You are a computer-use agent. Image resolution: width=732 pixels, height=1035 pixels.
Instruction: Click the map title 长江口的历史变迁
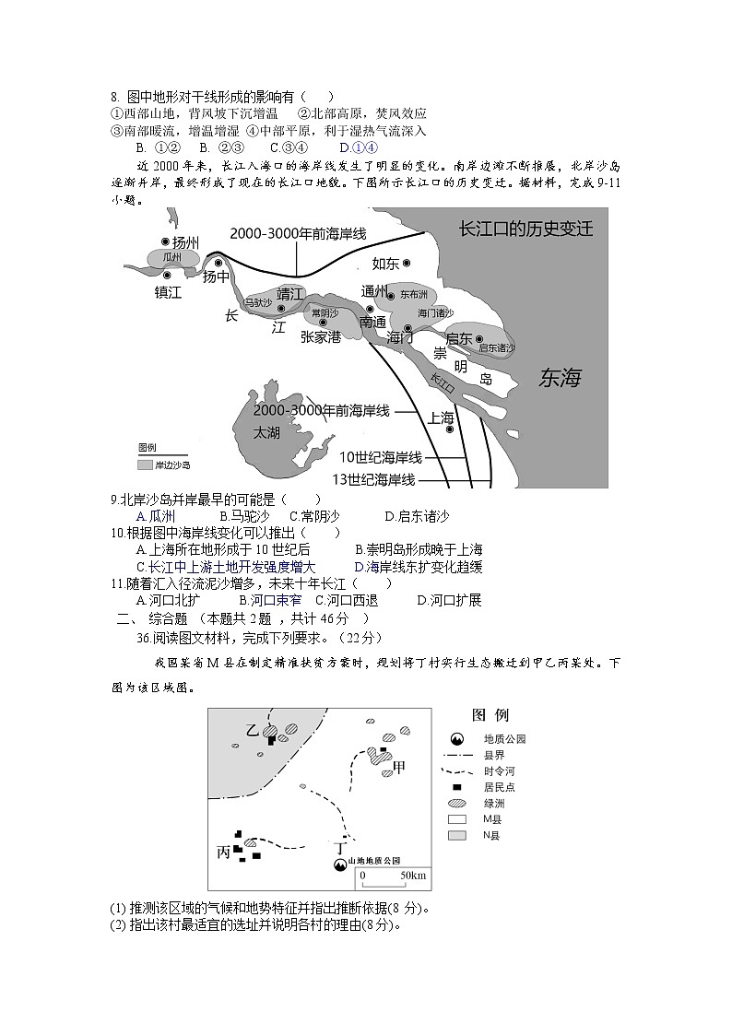[x=525, y=229]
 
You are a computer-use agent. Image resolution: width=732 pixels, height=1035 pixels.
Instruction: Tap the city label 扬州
[x=185, y=242]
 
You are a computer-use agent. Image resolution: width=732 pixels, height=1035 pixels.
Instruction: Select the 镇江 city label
[x=169, y=292]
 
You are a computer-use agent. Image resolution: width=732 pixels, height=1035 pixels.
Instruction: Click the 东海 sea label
[x=561, y=378]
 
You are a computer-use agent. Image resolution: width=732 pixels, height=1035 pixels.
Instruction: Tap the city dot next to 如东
[x=407, y=263]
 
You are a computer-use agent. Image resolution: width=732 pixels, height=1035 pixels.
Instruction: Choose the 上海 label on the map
[x=441, y=417]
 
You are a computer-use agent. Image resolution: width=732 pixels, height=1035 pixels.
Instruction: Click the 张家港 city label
[x=321, y=337]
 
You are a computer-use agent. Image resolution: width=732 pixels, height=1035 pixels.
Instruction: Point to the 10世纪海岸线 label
[x=380, y=457]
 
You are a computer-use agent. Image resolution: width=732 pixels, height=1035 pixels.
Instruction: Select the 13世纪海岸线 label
[x=373, y=479]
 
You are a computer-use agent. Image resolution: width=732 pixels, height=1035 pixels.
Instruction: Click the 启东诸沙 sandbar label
[x=497, y=347]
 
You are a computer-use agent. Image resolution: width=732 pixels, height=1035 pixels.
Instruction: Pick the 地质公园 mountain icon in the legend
[x=456, y=739]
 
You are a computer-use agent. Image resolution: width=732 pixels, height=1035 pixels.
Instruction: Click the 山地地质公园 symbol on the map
[x=340, y=864]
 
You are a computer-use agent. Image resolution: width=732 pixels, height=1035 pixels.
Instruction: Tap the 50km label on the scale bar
[x=412, y=875]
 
